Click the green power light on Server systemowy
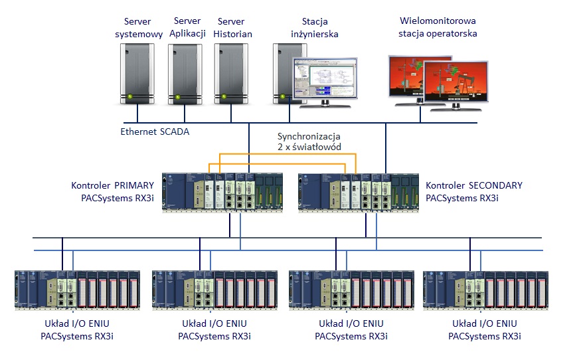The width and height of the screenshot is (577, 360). coord(130,98)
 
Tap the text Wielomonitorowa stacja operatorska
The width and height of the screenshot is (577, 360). coord(438,27)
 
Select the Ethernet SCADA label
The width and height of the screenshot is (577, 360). coord(155,132)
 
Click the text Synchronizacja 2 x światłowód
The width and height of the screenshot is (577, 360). coord(309,141)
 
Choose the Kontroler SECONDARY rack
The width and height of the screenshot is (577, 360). coord(359,193)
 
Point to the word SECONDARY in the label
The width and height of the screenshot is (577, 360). coord(495,185)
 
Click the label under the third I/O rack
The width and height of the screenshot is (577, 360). coord(351,329)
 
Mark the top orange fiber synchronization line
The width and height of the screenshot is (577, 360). coord(282,155)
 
